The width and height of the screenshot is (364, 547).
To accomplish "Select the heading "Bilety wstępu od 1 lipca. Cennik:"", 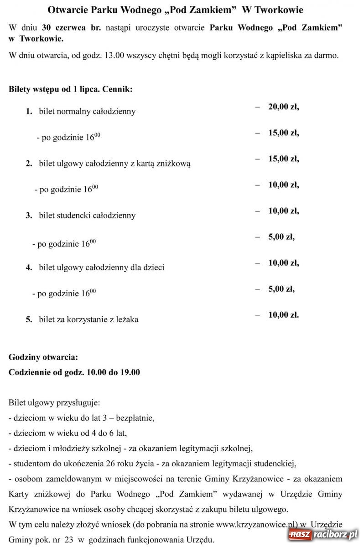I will tap(71, 89).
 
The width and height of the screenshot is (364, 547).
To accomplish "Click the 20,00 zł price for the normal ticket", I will tap(283, 107).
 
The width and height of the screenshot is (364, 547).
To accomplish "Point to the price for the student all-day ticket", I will tap(283, 211).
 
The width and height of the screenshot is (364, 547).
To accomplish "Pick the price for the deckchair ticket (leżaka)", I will tap(283, 315).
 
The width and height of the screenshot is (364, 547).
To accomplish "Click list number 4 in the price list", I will tap(29, 267).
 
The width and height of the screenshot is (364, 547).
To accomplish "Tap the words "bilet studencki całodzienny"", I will tap(87, 215).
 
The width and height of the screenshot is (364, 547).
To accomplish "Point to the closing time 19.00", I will tap(130, 372).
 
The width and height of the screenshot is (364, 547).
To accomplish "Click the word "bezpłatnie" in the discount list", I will tap(135, 418).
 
